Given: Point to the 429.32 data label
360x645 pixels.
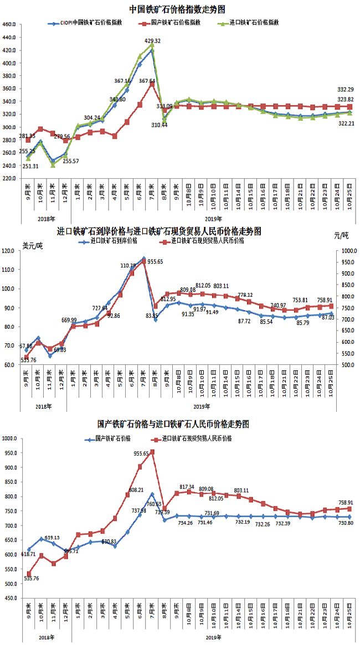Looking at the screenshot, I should (152, 40).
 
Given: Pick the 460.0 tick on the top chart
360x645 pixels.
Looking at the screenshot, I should (10, 24).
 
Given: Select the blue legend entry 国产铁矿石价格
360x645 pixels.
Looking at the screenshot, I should (112, 438).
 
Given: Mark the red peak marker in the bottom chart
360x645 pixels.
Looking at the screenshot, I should (152, 452).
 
